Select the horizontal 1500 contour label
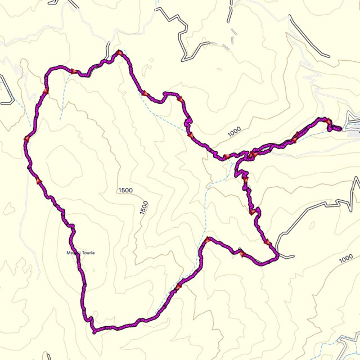pyautogui.click(x=125, y=190)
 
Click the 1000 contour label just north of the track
pyautogui.click(x=234, y=130)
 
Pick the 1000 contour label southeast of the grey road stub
pyautogui.click(x=346, y=259)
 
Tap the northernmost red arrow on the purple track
pyautogui.click(x=119, y=53)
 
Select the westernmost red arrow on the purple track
pyautogui.click(x=26, y=138)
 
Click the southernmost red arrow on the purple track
pyautogui.click(x=179, y=287)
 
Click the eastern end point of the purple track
pyautogui.click(x=340, y=129)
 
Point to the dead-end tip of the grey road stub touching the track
pyautogui.click(x=293, y=258)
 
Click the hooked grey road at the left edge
pyautogui.click(x=7, y=90)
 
